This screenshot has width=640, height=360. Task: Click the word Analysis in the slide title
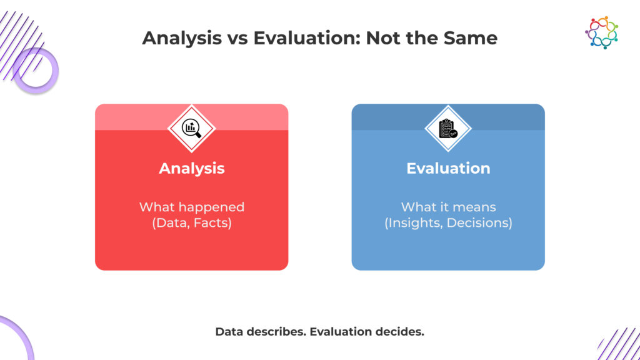pyautogui.click(x=182, y=39)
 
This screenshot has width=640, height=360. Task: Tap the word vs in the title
pyautogui.click(x=237, y=39)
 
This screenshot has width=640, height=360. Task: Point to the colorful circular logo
pyautogui.click(x=602, y=32)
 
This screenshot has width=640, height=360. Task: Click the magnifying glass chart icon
pyautogui.click(x=191, y=128)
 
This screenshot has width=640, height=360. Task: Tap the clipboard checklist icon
pyautogui.click(x=447, y=129)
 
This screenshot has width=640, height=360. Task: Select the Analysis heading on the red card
pyautogui.click(x=192, y=168)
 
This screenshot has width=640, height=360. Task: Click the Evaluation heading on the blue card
pyautogui.click(x=448, y=168)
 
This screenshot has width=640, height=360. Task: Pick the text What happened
pyautogui.click(x=192, y=207)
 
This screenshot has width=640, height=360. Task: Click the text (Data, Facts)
pyautogui.click(x=192, y=223)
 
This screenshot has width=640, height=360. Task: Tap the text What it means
pyautogui.click(x=448, y=207)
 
